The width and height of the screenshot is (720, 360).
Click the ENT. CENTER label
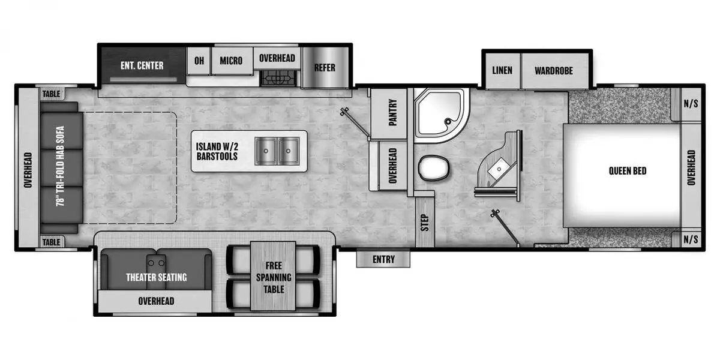142,65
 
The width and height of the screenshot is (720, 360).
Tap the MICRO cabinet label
231,61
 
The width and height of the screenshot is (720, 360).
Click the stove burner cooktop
278,78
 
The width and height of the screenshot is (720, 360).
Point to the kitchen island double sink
277,151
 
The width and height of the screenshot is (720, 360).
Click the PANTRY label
393,112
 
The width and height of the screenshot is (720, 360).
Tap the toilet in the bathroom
434,168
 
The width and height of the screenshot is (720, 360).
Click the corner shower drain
448,121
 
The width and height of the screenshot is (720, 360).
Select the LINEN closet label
502,70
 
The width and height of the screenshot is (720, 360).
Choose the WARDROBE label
554,71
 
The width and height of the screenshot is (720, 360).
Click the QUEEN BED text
628,170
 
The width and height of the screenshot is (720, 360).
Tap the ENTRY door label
383,259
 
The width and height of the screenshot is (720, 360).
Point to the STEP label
425,223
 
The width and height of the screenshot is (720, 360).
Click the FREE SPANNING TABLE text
274,277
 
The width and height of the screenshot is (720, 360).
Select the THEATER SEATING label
156,277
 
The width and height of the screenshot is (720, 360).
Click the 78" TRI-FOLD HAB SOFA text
60,166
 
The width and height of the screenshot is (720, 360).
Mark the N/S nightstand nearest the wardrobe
691,103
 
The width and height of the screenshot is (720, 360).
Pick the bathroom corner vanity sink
499,169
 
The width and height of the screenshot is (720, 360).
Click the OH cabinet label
199,61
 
